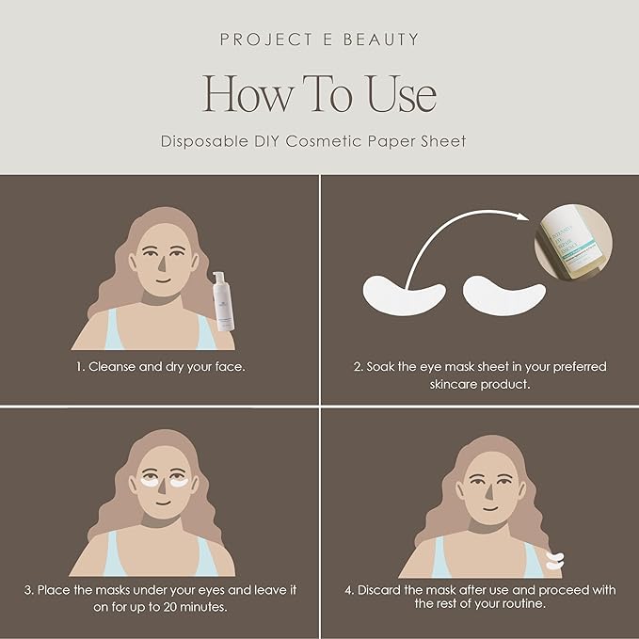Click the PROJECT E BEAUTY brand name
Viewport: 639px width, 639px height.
click(x=319, y=40)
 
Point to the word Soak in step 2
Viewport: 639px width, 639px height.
click(x=383, y=366)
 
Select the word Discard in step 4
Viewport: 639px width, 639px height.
click(x=381, y=590)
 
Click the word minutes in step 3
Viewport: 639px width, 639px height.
click(x=212, y=607)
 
